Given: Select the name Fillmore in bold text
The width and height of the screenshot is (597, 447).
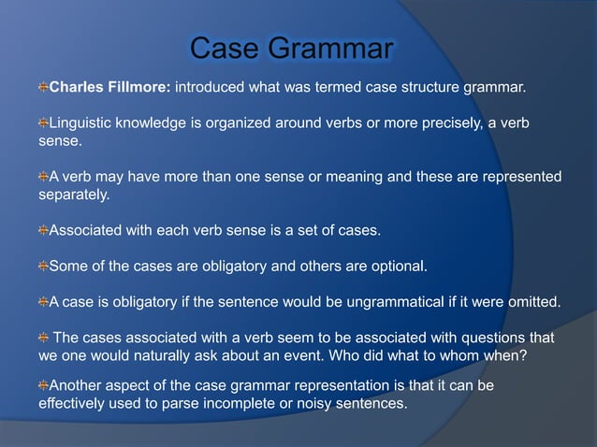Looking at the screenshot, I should [x=137, y=88].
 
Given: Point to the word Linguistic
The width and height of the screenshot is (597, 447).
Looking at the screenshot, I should [x=83, y=123].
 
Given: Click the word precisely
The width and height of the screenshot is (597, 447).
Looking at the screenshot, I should [x=440, y=123].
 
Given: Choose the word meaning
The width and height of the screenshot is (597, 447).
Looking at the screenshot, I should [x=360, y=177].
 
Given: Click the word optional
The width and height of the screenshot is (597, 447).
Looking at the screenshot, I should [x=396, y=266].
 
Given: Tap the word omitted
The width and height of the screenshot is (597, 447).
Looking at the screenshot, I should [x=531, y=301].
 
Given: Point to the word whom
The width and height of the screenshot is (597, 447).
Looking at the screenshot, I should [x=479, y=355].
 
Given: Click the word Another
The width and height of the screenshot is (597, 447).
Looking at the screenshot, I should [x=78, y=385].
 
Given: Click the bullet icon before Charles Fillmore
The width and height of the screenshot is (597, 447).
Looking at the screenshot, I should [x=43, y=88].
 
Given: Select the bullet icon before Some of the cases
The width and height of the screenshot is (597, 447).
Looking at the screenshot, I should [x=43, y=266].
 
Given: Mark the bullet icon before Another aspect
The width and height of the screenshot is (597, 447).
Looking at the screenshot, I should [x=43, y=385].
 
